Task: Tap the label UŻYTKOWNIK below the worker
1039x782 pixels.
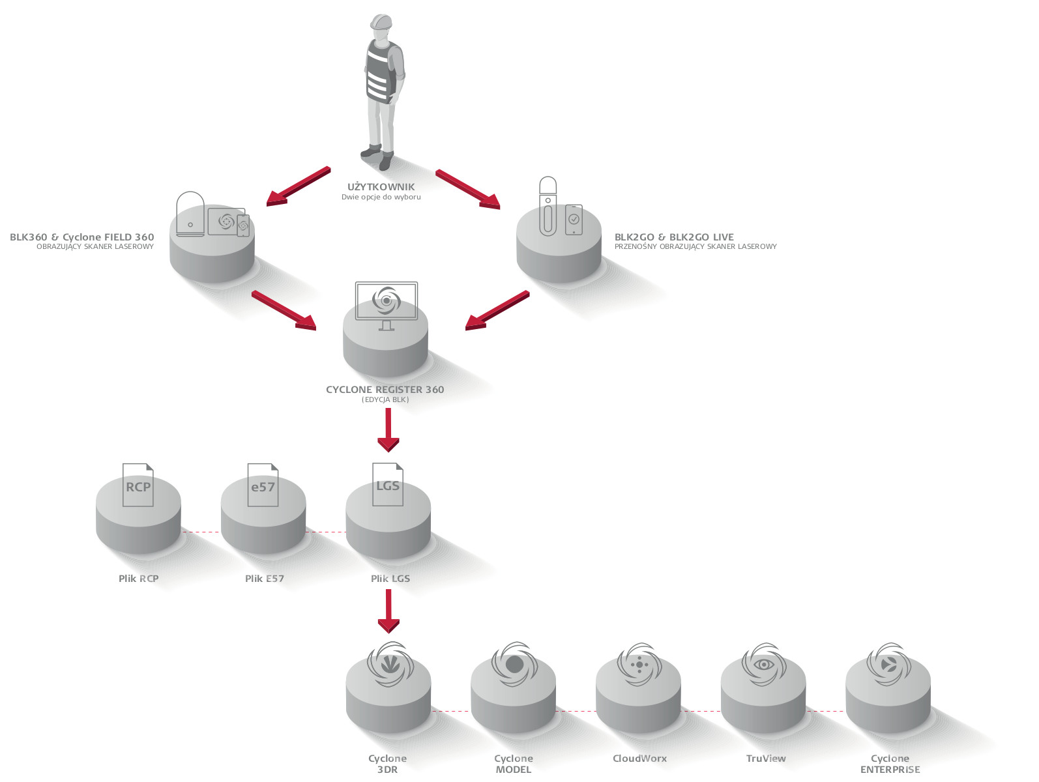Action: (381, 187)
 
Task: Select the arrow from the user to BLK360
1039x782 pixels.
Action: (299, 186)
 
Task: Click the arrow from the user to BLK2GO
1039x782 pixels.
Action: (468, 189)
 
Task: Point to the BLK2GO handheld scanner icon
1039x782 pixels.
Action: (548, 206)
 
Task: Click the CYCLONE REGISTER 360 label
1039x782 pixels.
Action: (385, 390)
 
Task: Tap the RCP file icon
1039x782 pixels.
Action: (138, 485)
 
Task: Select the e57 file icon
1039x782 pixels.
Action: (263, 485)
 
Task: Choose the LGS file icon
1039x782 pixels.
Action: (388, 484)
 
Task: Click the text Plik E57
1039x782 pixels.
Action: (265, 579)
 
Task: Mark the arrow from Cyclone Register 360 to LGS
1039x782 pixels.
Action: (388, 430)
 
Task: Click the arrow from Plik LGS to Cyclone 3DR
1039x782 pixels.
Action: (388, 611)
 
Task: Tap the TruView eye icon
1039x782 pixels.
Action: (764, 665)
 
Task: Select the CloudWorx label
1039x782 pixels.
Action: (639, 759)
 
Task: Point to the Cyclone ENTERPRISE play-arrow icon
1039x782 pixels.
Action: (888, 665)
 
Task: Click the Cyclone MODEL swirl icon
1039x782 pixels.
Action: (514, 665)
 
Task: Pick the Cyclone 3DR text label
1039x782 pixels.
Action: (387, 764)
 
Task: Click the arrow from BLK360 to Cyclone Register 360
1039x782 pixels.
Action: (284, 310)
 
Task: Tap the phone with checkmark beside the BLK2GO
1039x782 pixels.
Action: (574, 220)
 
